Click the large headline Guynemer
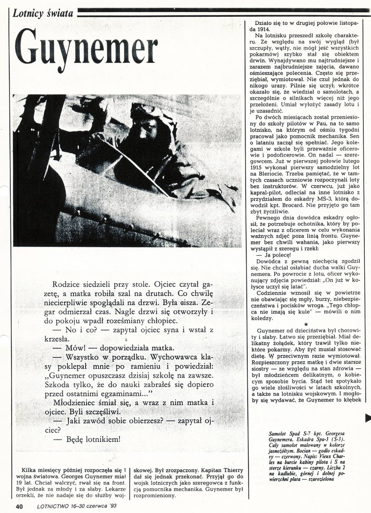[x=86, y=50]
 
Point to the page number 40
[x=19, y=506]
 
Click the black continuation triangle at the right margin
[x=367, y=417]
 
